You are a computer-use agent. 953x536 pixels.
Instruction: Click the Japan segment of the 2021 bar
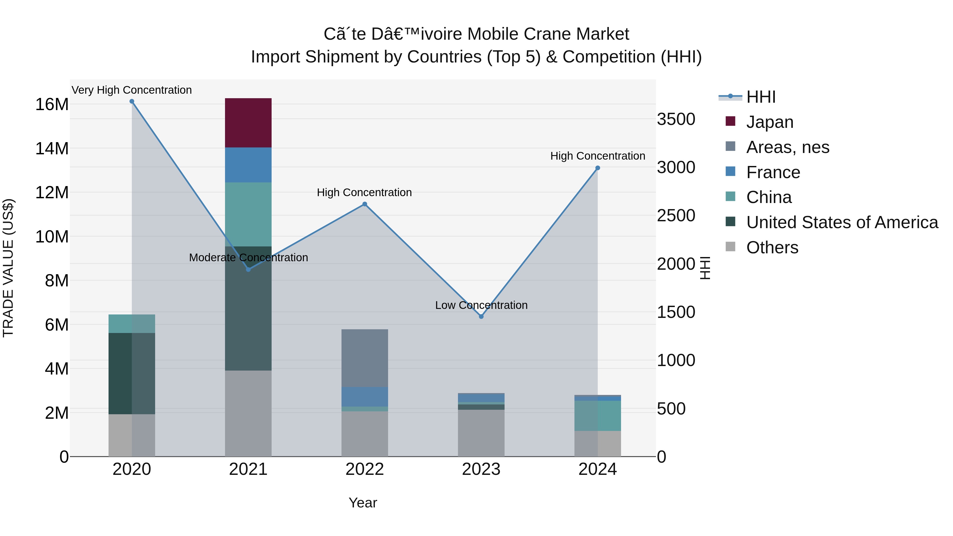(x=248, y=123)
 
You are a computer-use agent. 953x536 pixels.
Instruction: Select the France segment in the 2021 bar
(x=248, y=165)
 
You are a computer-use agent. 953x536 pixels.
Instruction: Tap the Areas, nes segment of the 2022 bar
(x=365, y=358)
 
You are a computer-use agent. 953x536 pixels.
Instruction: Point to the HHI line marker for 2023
(x=481, y=317)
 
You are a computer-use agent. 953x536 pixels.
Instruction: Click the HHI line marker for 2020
(x=132, y=101)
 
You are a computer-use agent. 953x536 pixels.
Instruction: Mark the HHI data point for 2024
(x=597, y=168)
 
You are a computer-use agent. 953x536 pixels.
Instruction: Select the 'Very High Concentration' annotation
(x=132, y=90)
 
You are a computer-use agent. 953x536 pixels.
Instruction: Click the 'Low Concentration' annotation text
(x=481, y=305)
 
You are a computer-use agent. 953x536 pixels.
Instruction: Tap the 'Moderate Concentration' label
(x=248, y=258)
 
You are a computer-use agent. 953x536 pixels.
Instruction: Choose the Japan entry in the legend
(x=770, y=122)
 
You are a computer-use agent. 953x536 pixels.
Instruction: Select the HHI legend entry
(x=761, y=97)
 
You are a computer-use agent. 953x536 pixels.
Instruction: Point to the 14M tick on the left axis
(x=52, y=149)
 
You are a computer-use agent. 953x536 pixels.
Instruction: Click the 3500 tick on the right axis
(x=676, y=119)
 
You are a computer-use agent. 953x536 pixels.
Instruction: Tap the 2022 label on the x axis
(x=365, y=469)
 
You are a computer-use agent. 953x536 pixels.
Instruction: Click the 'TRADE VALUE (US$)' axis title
(x=8, y=268)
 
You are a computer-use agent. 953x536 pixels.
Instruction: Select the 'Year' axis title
(x=363, y=503)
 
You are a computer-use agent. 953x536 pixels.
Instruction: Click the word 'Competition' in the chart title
(x=609, y=57)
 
